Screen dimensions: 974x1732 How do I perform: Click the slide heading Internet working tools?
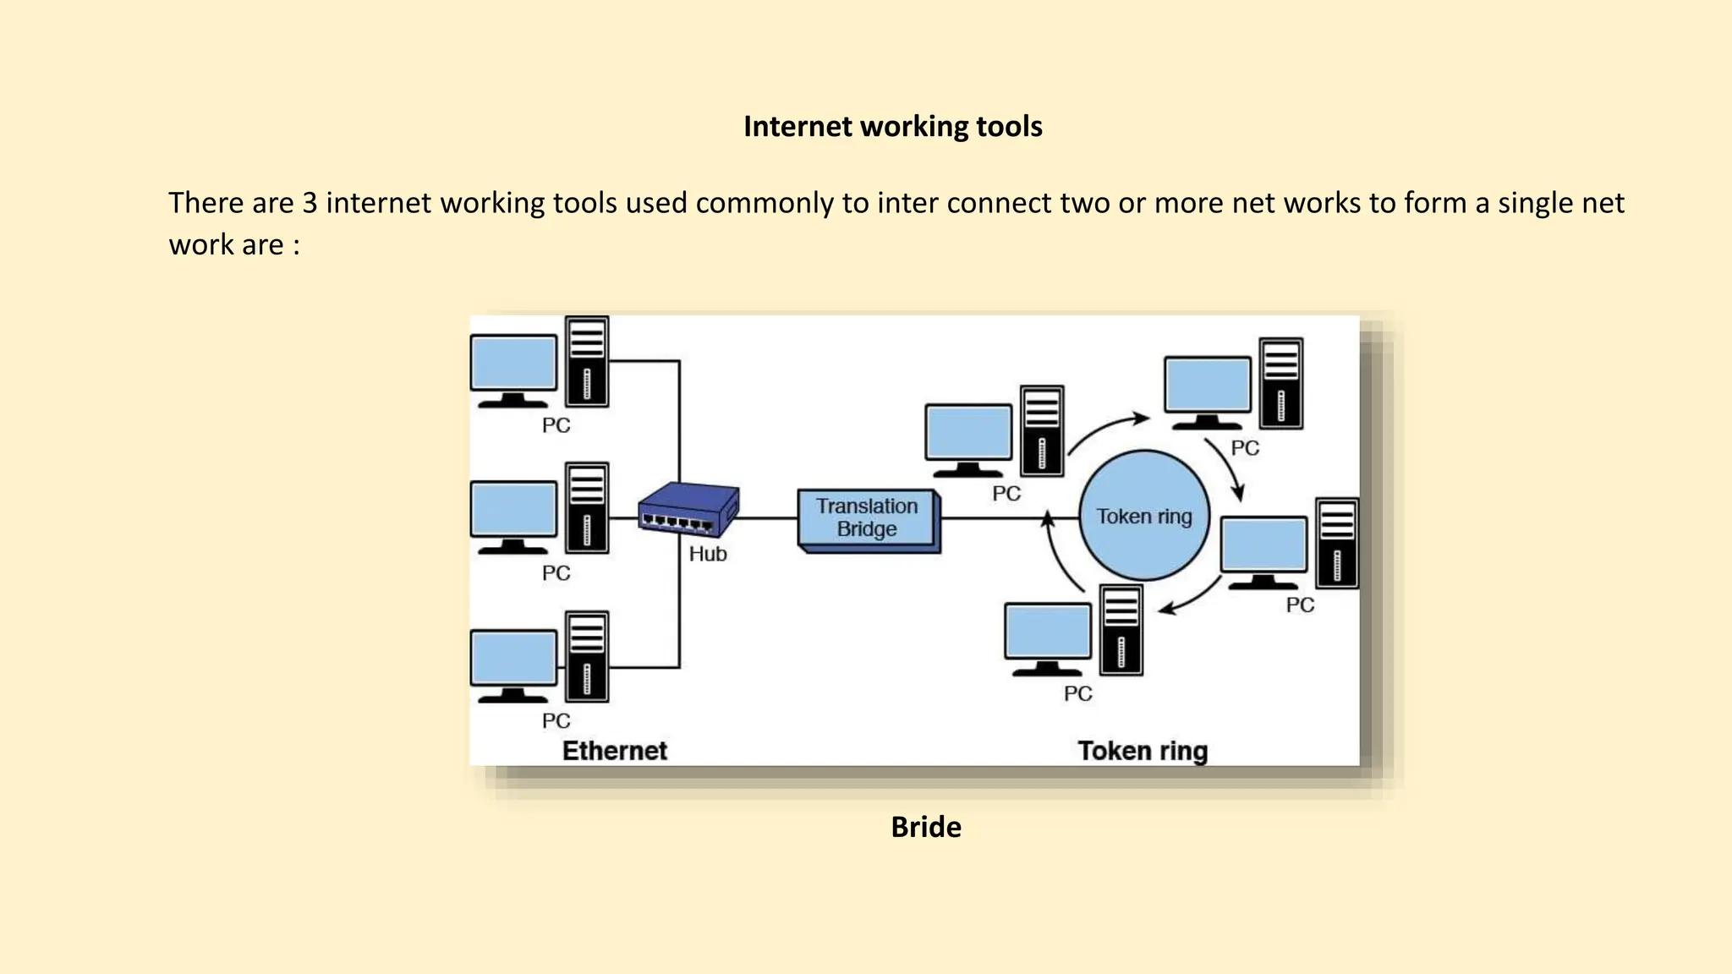(892, 127)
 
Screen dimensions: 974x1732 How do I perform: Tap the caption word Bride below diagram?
(925, 827)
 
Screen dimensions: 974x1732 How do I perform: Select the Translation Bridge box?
(868, 517)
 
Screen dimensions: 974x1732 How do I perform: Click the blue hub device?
(688, 509)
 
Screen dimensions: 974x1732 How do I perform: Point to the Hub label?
(707, 554)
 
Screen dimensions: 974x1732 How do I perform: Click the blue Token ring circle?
(1143, 516)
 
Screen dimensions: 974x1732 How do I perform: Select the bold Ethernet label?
(615, 751)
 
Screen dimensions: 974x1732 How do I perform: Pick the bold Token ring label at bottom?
(1142, 751)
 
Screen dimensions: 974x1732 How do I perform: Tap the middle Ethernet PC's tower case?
(587, 507)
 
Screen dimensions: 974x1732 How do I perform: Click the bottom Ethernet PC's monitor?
(513, 659)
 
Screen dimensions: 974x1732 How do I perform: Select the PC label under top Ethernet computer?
(556, 425)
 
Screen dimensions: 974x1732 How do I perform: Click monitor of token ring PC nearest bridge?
(968, 433)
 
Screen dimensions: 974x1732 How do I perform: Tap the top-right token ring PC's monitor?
(1207, 385)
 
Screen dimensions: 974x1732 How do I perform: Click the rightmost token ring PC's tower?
(1336, 543)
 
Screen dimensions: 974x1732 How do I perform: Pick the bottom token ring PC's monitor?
(1047, 632)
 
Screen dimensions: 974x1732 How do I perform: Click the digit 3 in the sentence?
(310, 204)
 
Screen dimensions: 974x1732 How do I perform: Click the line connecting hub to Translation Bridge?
(768, 518)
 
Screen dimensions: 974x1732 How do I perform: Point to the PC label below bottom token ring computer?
(1077, 693)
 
